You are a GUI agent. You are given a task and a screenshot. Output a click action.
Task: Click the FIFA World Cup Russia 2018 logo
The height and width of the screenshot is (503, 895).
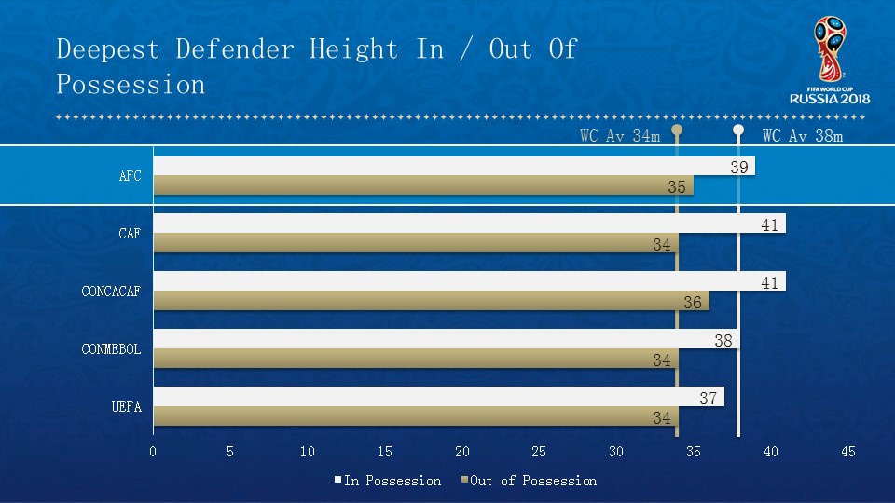(x=829, y=61)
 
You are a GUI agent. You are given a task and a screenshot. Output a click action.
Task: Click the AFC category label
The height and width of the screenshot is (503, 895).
(x=130, y=175)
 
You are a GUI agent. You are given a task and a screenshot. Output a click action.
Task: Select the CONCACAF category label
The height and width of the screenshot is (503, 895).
(x=111, y=292)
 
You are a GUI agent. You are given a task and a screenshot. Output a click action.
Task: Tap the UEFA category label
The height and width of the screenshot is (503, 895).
(x=126, y=406)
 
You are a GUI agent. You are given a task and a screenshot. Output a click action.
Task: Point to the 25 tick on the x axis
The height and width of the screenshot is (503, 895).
(x=539, y=452)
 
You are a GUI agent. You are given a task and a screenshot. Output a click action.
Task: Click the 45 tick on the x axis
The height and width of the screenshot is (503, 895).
(x=847, y=452)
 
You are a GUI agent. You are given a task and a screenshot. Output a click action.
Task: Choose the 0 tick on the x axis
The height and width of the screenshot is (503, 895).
(x=153, y=452)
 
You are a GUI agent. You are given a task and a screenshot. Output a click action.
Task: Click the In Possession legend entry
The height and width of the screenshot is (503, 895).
(x=387, y=481)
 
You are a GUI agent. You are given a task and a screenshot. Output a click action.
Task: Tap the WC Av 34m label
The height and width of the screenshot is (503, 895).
(x=620, y=136)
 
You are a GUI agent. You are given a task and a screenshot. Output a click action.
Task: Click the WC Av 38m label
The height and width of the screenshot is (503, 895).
(x=803, y=136)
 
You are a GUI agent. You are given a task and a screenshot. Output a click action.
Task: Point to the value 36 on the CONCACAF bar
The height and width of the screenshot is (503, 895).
(x=693, y=303)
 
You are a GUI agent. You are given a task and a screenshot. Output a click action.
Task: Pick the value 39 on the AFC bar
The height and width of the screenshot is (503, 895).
(x=739, y=167)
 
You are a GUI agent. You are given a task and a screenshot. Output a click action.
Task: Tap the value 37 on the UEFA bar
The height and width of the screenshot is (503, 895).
(x=709, y=399)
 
